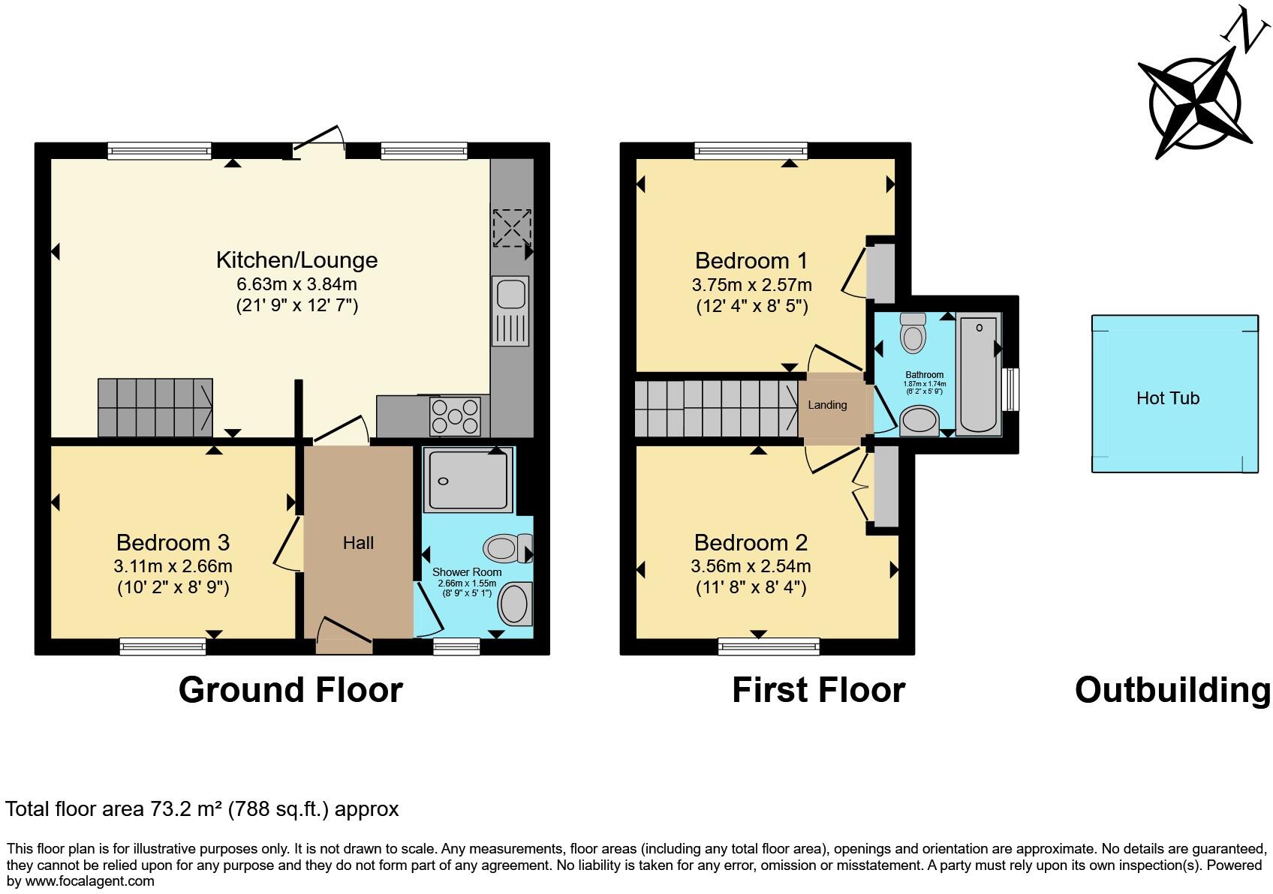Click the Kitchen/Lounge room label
pyautogui.click(x=296, y=260)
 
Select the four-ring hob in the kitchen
pyautogui.click(x=454, y=416)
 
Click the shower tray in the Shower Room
pyautogui.click(x=468, y=478)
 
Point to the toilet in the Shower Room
pyautogui.click(x=507, y=548)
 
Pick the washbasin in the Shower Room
pyautogui.click(x=515, y=604)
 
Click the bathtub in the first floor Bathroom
pyautogui.click(x=978, y=373)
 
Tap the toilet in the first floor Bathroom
pyautogui.click(x=913, y=333)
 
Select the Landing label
pyautogui.click(x=827, y=405)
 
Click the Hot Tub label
pyautogui.click(x=1167, y=398)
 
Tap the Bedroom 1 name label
pyautogui.click(x=751, y=261)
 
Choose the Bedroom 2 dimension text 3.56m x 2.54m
pyautogui.click(x=751, y=566)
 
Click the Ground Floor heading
pyautogui.click(x=290, y=690)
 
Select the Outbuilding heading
pyautogui.click(x=1172, y=690)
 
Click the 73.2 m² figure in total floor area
pyautogui.click(x=184, y=809)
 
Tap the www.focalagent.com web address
pyautogui.click(x=89, y=881)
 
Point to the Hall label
pyautogui.click(x=358, y=543)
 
